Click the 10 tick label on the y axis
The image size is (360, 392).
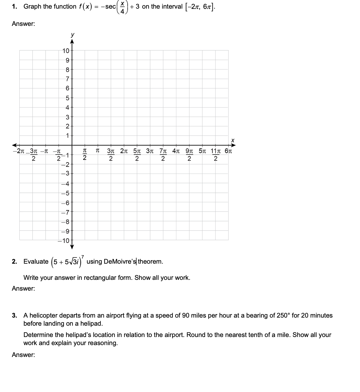click(x=66, y=50)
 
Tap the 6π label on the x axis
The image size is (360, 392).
click(x=228, y=151)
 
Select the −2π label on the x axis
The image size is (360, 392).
click(x=19, y=151)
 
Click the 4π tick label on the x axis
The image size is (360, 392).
click(x=176, y=151)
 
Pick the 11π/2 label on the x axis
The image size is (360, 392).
click(x=215, y=154)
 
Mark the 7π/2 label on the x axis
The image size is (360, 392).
click(x=163, y=154)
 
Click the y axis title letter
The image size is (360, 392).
click(x=72, y=35)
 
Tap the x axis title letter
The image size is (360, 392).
click(x=233, y=140)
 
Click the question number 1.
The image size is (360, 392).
click(x=15, y=7)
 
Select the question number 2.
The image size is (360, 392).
click(x=15, y=262)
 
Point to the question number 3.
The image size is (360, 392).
click(x=15, y=315)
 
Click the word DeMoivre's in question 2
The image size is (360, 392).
click(x=120, y=262)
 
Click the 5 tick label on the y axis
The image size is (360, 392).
click(x=68, y=98)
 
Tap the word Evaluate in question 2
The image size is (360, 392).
click(x=36, y=262)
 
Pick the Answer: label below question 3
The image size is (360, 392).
click(x=23, y=355)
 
